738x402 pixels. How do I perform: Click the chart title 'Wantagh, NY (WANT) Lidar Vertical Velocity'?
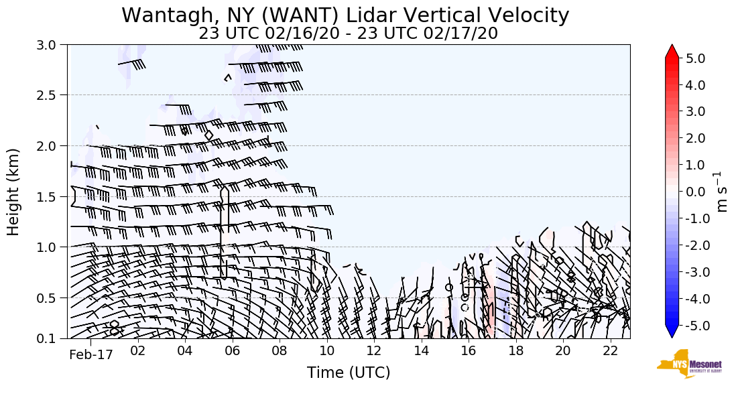tap(345, 15)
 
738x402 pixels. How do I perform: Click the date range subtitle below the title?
tap(348, 33)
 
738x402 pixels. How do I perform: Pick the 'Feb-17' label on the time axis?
tap(89, 354)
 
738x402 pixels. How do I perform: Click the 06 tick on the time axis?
tap(233, 352)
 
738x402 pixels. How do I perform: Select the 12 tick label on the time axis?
tap(374, 352)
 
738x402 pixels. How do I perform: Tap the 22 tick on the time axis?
tap(610, 352)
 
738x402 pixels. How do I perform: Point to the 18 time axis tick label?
tap(515, 352)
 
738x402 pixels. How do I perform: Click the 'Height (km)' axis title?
tap(13, 192)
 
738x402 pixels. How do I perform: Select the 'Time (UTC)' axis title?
tap(349, 373)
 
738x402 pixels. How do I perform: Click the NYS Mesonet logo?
tap(680, 364)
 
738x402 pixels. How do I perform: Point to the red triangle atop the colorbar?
tap(672, 52)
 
